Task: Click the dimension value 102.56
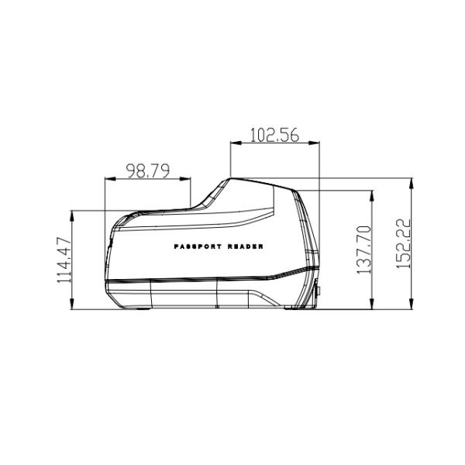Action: [274, 135]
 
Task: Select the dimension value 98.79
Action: [148, 170]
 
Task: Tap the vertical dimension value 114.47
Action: [64, 260]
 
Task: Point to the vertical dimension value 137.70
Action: [364, 250]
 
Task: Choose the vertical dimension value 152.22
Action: [404, 244]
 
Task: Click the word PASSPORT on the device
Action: [198, 246]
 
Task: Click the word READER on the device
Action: [245, 246]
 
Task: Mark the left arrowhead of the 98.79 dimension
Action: [110, 179]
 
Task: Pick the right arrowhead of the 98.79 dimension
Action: [185, 179]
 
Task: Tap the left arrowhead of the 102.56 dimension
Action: [236, 143]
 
